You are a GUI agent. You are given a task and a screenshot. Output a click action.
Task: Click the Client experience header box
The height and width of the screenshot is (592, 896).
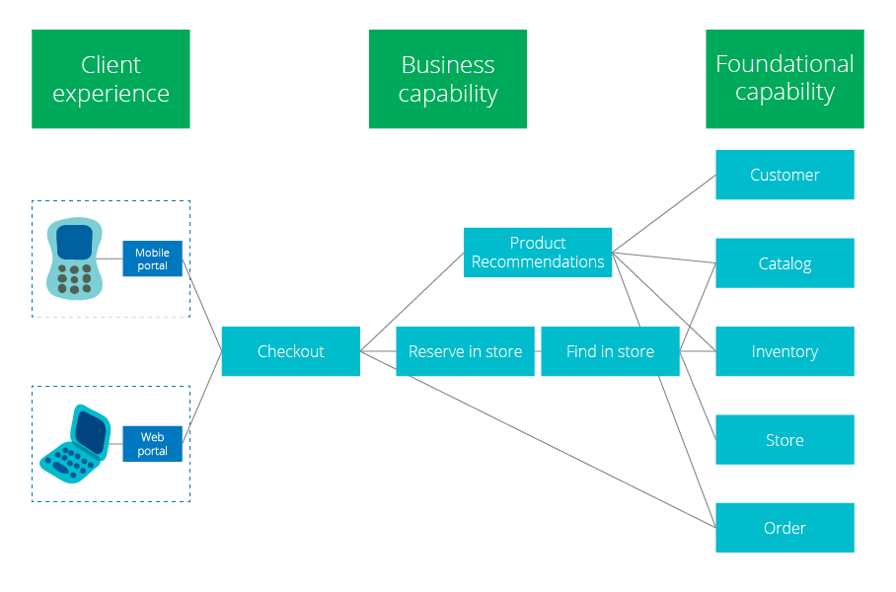click(111, 79)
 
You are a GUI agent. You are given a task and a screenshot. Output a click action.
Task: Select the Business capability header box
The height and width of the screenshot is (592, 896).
click(447, 79)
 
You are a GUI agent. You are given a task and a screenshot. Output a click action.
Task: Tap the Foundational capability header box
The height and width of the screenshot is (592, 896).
click(784, 79)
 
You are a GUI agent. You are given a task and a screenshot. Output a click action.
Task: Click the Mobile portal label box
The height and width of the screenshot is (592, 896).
click(153, 259)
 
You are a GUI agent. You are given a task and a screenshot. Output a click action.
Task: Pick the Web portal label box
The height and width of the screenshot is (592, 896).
click(153, 444)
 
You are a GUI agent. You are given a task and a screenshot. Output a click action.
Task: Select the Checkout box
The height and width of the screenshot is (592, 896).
click(291, 351)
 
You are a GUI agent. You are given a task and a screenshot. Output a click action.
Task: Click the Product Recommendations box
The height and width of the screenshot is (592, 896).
click(538, 253)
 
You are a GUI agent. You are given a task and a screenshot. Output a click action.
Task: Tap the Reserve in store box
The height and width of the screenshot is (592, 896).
click(465, 351)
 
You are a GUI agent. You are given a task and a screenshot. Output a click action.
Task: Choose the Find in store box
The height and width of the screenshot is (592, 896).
click(610, 351)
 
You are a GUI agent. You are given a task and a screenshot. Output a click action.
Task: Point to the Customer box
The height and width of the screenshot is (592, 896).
click(784, 175)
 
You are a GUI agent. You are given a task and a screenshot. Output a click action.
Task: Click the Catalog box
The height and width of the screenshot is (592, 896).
click(784, 262)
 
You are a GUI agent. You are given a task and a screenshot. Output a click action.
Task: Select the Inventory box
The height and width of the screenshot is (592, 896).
click(784, 351)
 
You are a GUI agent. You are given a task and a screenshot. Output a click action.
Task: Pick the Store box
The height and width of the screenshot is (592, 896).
click(784, 439)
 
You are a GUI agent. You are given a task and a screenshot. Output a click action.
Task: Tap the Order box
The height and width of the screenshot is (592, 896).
click(784, 528)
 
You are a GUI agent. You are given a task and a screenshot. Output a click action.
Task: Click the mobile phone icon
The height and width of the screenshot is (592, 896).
click(74, 259)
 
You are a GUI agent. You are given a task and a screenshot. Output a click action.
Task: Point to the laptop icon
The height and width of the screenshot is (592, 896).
click(75, 444)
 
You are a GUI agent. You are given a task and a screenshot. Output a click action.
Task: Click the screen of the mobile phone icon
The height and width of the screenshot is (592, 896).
click(74, 242)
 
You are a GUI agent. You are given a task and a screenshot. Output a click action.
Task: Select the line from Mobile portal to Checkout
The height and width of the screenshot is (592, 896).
click(202, 305)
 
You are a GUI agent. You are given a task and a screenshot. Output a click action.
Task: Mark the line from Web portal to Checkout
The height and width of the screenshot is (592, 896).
click(202, 398)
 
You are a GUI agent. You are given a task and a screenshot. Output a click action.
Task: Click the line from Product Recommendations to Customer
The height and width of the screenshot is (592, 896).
click(664, 214)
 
